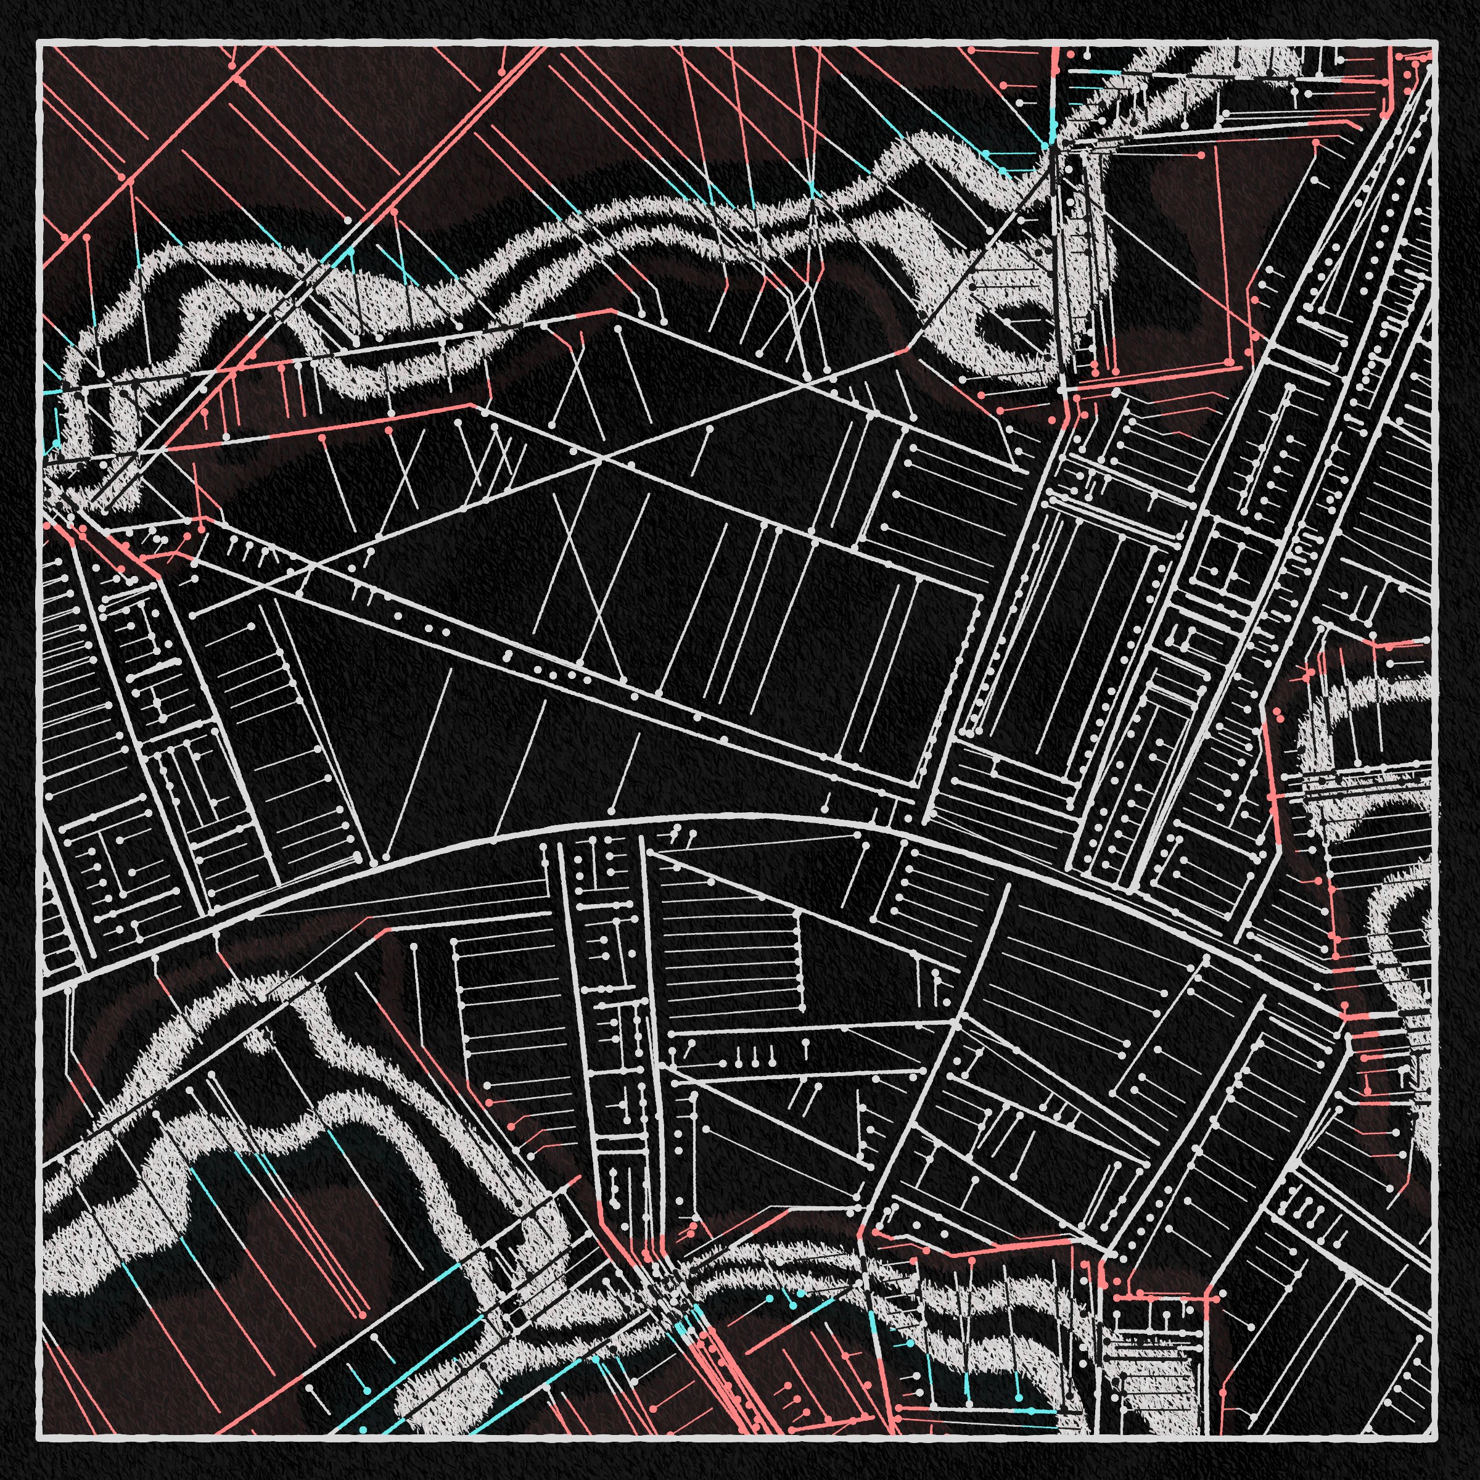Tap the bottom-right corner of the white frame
pyautogui.click(x=1433, y=1439)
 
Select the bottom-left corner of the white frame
pyautogui.click(x=39, y=1439)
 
